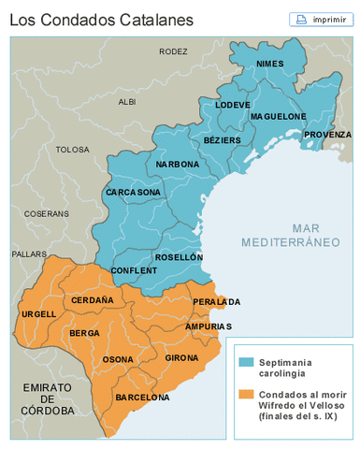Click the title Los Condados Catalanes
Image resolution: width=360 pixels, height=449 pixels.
(x=89, y=19)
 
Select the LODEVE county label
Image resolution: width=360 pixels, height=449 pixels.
(x=233, y=105)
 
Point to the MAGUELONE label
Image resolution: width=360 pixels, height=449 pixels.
(x=278, y=116)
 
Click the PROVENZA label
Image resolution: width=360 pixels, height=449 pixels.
(x=327, y=135)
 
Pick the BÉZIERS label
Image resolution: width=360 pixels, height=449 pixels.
(x=222, y=140)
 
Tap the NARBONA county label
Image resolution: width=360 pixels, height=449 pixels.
(x=178, y=164)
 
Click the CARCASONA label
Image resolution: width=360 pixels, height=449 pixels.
(x=133, y=192)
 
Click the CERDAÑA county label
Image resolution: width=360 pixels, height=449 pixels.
(x=92, y=300)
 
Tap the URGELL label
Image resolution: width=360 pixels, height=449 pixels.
(x=38, y=313)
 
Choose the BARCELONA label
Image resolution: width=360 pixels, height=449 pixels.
(x=142, y=398)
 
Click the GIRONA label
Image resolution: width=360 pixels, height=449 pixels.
(x=181, y=358)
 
